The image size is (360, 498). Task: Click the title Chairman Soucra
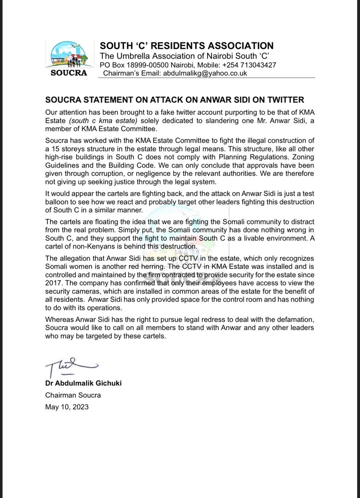73,395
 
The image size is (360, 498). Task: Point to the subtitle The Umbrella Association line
185,56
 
